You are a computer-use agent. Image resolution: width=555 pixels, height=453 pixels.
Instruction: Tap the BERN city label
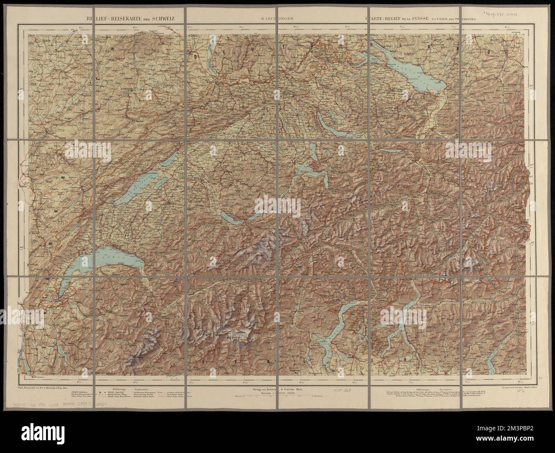pos(197,175)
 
